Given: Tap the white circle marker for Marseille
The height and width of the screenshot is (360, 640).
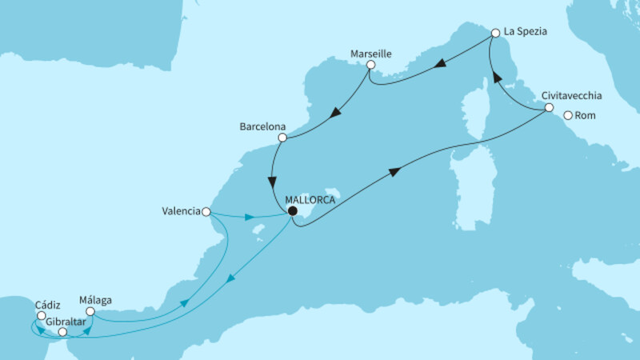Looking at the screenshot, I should click(x=370, y=65).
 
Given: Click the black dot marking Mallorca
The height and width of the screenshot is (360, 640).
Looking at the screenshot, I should click(x=292, y=211).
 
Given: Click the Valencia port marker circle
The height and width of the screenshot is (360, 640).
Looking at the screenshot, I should click(x=206, y=212).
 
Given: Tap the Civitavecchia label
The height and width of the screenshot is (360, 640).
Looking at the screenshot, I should click(x=571, y=95).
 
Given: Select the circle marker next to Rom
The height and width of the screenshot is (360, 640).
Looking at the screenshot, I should click(x=568, y=115).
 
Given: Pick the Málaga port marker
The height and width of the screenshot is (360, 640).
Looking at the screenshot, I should click(x=90, y=311).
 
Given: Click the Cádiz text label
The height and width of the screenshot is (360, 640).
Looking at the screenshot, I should click(x=46, y=304).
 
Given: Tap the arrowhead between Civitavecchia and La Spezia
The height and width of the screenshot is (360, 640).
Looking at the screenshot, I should click(x=496, y=78).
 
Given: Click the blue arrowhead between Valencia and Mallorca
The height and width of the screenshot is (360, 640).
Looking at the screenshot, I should click(x=250, y=216).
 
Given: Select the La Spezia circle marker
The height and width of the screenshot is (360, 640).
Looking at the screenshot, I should click(x=495, y=34).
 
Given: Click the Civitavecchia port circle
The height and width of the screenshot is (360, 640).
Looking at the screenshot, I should click(x=549, y=107).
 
